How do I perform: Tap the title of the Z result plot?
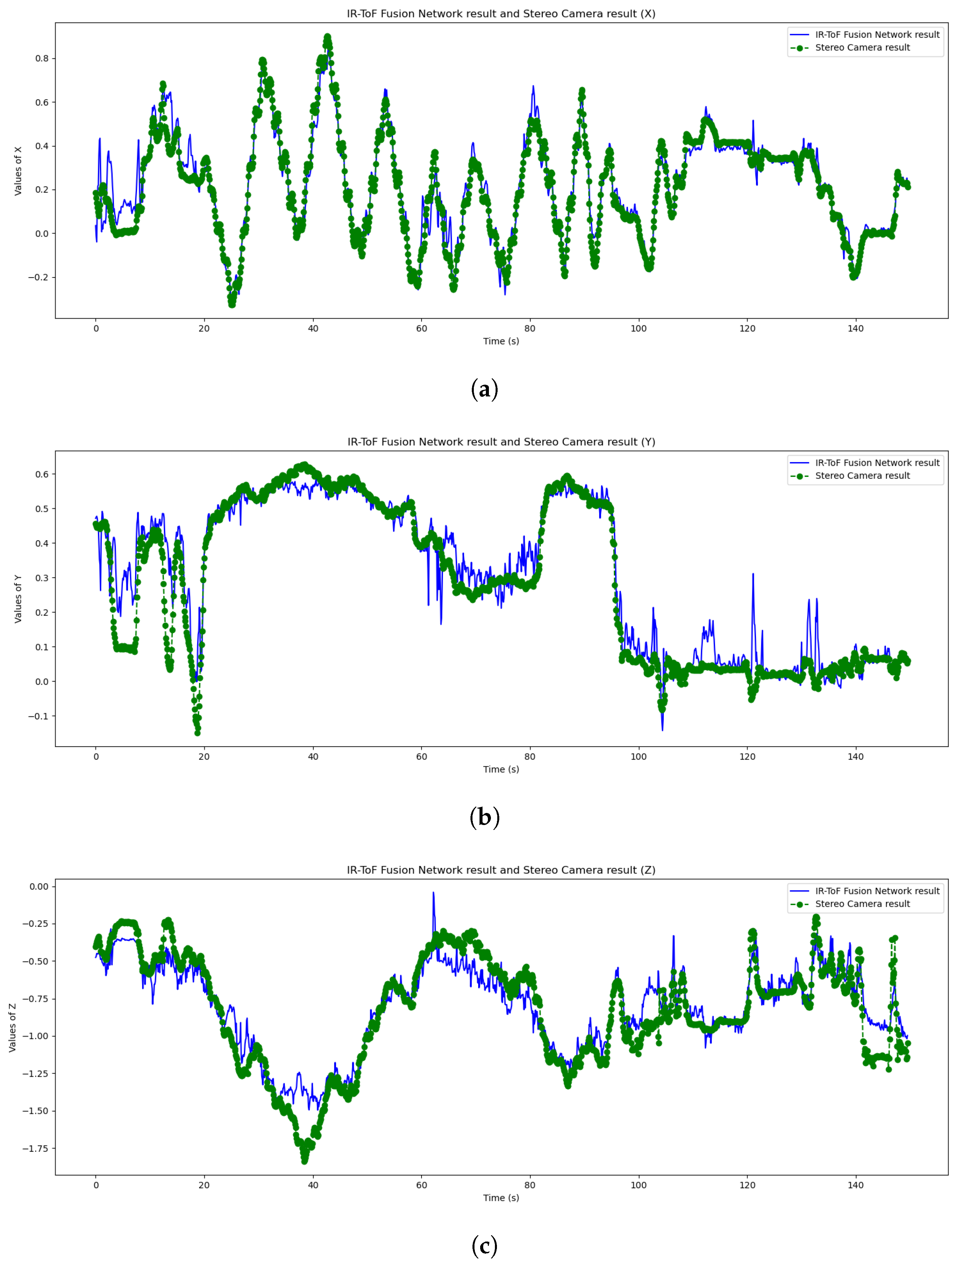(501, 870)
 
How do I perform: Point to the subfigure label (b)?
(484, 817)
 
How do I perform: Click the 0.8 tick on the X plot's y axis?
(42, 58)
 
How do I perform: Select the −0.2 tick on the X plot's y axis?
(39, 277)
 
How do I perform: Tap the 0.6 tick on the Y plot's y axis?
(42, 474)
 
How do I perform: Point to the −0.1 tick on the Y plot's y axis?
(39, 716)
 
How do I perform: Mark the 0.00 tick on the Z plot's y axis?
(39, 887)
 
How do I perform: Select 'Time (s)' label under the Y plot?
(501, 769)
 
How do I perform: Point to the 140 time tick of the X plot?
(855, 328)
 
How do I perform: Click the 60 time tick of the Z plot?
(422, 1185)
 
